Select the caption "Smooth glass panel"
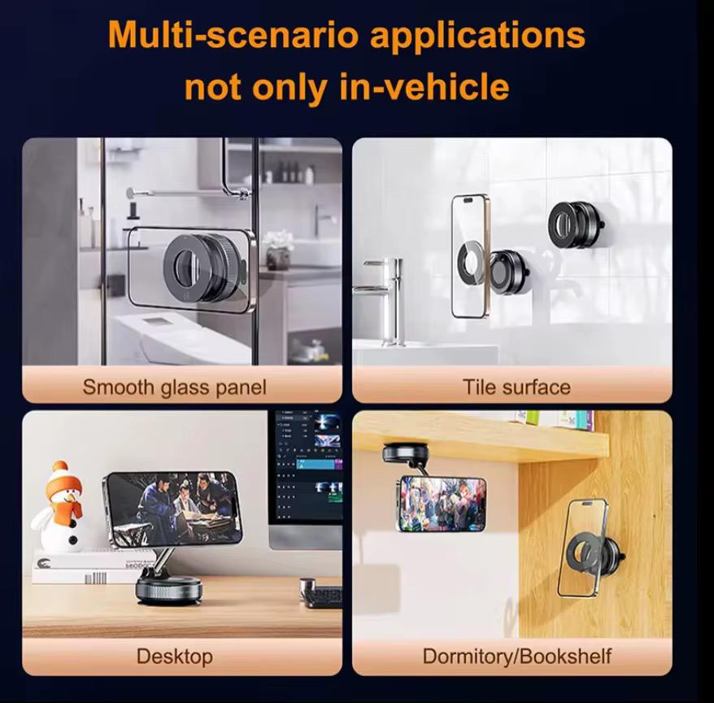174,387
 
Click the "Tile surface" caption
516,387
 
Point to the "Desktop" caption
174,657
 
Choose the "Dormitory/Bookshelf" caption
517,657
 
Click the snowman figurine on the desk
59,507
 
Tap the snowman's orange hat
63,479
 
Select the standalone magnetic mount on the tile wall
576,225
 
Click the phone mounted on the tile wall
469,256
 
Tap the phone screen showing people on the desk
173,508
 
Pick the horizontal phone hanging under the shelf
442,504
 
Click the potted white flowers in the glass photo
278,250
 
